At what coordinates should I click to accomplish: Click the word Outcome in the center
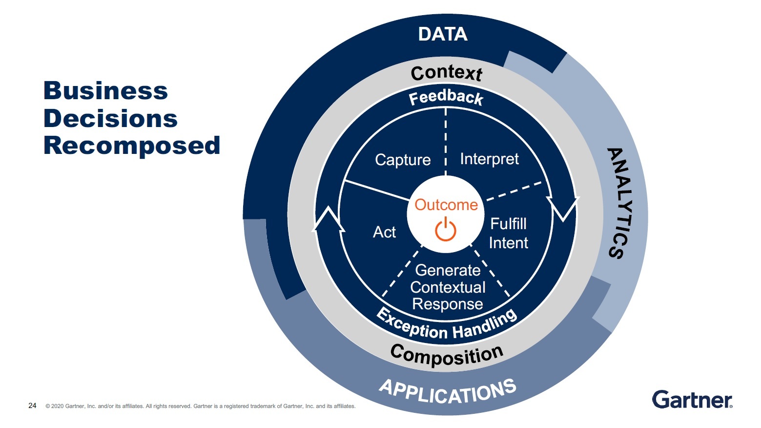click(446, 205)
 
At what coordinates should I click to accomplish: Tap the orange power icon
click(446, 230)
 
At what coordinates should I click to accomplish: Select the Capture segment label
click(403, 160)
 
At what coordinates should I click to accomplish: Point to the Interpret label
click(489, 159)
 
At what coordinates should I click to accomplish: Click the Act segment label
click(384, 232)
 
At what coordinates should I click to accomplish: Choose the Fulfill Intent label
click(508, 233)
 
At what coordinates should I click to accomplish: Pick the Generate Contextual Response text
click(448, 287)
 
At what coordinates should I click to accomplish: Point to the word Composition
click(447, 355)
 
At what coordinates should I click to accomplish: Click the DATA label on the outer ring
click(443, 34)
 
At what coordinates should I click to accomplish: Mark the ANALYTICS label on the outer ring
click(622, 203)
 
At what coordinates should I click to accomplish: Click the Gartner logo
click(692, 400)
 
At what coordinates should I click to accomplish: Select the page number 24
click(32, 406)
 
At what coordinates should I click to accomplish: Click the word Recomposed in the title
click(132, 146)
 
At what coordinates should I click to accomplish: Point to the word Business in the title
click(105, 91)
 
